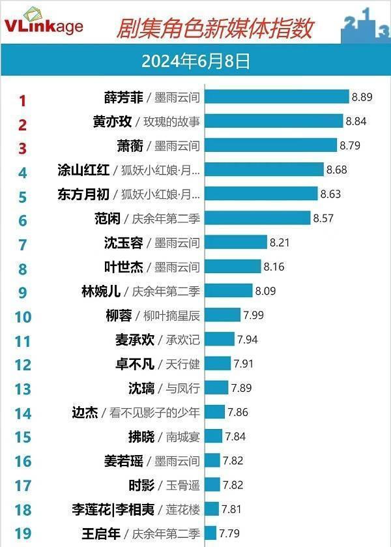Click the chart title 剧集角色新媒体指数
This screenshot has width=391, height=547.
[214, 28]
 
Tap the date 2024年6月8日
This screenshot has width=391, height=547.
[195, 61]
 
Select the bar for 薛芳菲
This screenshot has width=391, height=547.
[278, 97]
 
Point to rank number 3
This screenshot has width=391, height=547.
[22, 148]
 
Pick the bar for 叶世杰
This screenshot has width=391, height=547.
[233, 267]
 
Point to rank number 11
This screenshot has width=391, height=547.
[22, 340]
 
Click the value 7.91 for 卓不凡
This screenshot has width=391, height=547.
[244, 364]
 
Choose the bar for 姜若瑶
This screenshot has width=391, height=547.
[213, 461]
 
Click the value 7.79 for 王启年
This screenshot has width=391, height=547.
[229, 533]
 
